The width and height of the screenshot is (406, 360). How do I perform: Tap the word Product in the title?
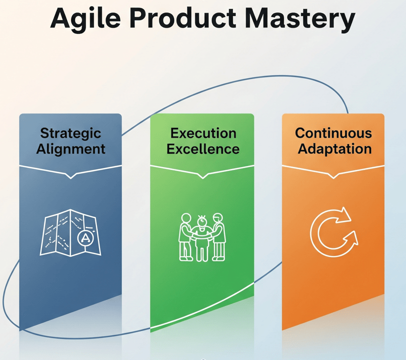coord(182,17)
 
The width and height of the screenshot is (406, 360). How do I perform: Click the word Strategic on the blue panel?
coord(70,134)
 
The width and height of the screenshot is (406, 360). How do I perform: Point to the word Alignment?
coord(70,149)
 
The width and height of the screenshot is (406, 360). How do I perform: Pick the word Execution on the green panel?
coord(203,133)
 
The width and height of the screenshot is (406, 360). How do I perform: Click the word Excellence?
coord(203,149)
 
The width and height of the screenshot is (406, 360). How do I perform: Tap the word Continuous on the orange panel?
coord(333,133)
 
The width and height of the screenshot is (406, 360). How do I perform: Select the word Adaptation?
coord(334,149)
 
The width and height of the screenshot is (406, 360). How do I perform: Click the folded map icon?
coord(70,233)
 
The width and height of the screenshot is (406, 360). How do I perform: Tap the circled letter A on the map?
coord(85,238)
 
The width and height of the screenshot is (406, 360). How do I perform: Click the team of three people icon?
coord(202,237)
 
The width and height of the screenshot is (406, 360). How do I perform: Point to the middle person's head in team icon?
coord(202,221)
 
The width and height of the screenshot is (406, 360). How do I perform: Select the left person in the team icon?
coord(186,236)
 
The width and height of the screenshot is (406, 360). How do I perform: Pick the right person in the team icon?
coord(219,236)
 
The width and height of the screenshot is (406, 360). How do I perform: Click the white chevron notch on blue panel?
coord(70,176)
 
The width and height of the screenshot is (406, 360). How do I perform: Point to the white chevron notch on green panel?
coord(202,176)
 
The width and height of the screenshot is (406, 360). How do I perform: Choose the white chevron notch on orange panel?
coord(333,176)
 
